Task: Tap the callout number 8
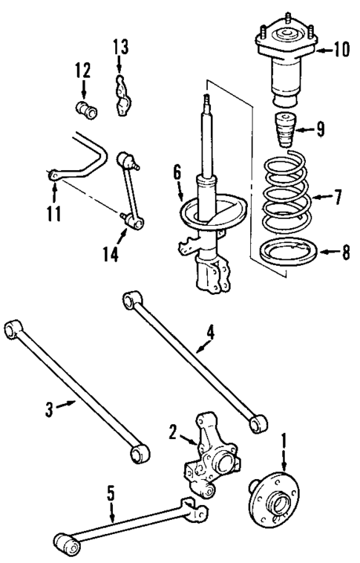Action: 344,253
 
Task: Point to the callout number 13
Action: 120,48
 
